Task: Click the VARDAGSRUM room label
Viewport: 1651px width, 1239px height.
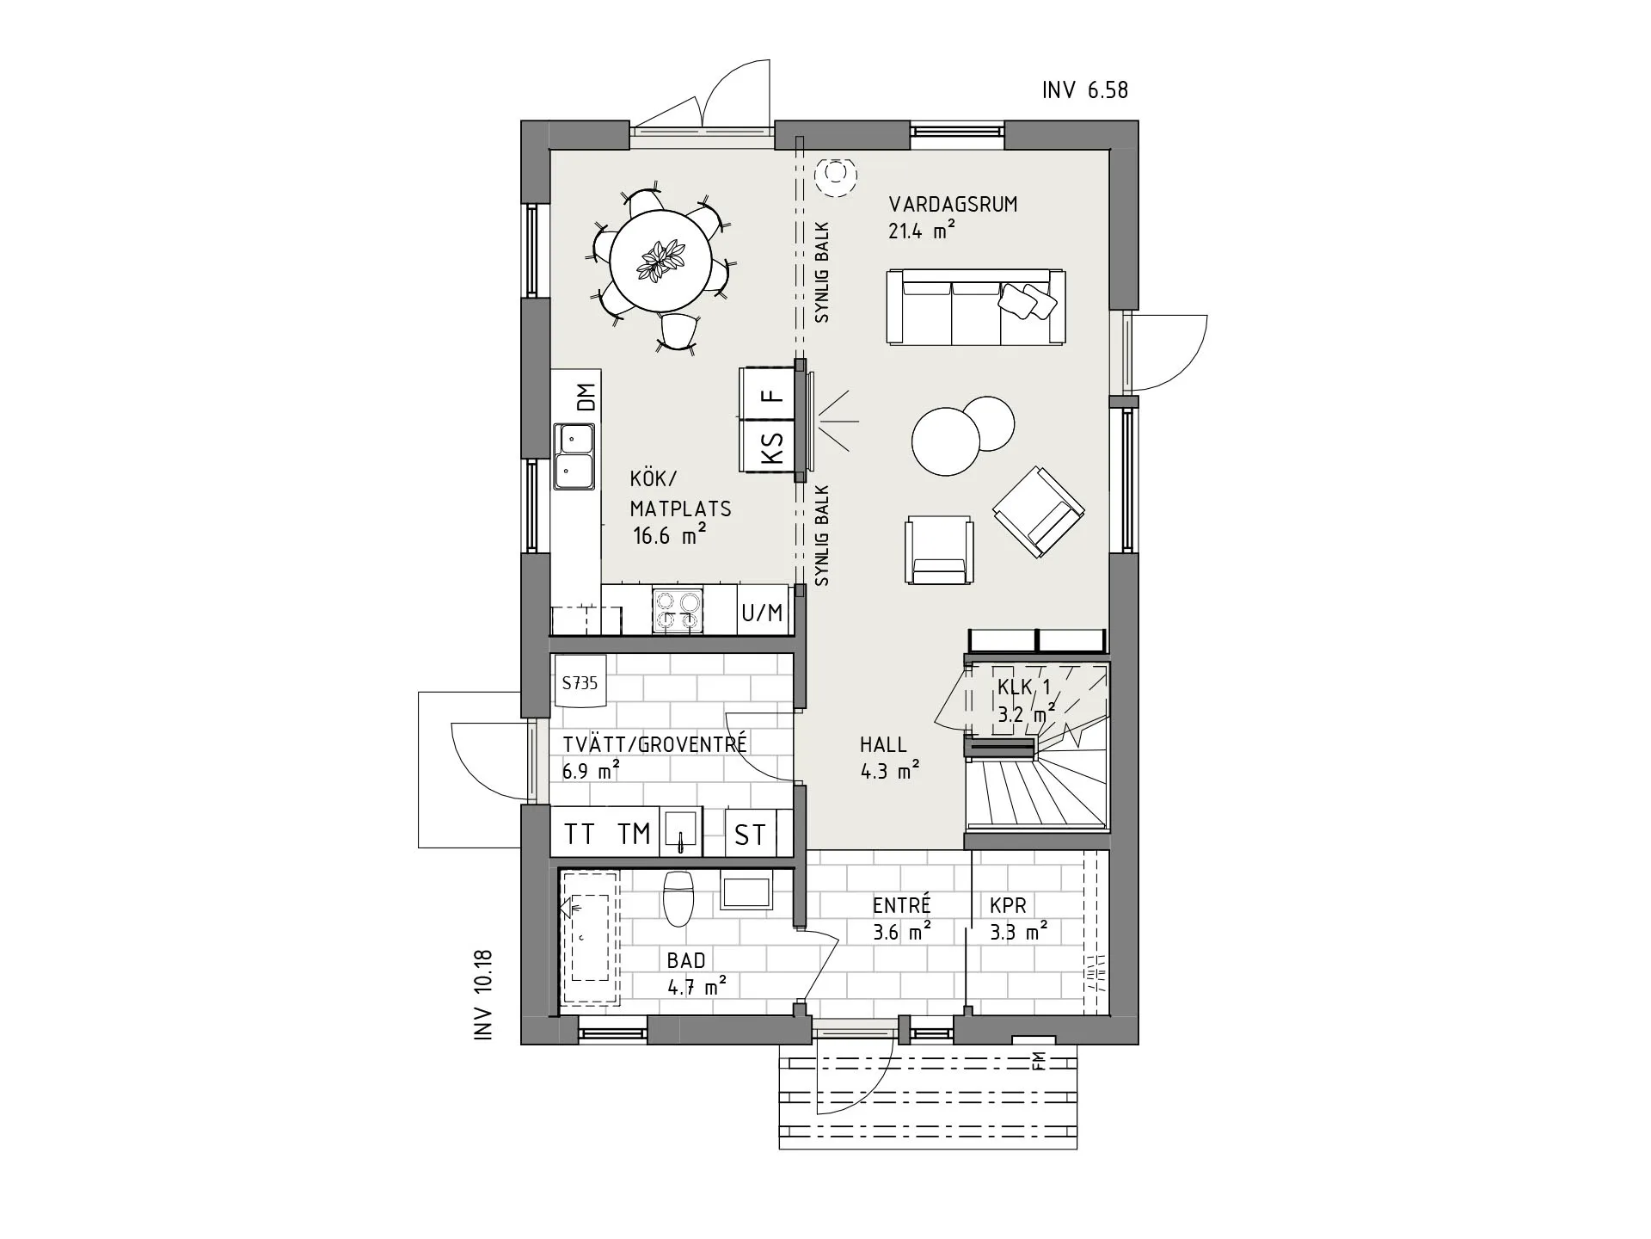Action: (x=953, y=205)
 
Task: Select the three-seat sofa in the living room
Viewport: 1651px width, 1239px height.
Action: (x=975, y=307)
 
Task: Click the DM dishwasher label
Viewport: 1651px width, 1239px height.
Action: (x=586, y=397)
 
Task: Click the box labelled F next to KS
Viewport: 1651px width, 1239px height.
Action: (x=771, y=395)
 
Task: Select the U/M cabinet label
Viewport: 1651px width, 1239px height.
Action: (x=762, y=613)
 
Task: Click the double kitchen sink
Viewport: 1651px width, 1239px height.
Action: (x=574, y=456)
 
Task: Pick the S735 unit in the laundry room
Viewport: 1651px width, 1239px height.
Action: (x=580, y=683)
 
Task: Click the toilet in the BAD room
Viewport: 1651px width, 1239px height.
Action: (x=678, y=897)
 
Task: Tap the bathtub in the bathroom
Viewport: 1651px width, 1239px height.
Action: (x=590, y=937)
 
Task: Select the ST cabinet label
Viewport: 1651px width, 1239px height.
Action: (x=750, y=835)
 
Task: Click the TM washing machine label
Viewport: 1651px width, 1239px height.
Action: (x=635, y=834)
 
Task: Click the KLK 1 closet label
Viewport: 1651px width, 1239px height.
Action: (x=1024, y=687)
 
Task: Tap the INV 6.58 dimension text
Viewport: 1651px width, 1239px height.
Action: (x=1084, y=90)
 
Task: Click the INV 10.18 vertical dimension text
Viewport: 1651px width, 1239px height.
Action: (x=484, y=995)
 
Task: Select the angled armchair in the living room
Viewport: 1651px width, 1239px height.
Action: (x=1039, y=511)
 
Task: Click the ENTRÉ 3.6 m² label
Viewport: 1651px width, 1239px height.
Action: (x=901, y=918)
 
